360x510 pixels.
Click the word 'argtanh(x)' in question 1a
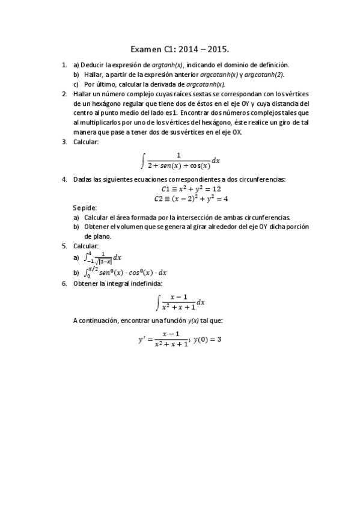pyautogui.click(x=168, y=64)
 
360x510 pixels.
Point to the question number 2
pyautogui.click(x=64, y=94)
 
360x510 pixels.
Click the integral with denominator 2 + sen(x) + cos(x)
pyautogui.click(x=180, y=161)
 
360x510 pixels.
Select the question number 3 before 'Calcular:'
pyautogui.click(x=64, y=142)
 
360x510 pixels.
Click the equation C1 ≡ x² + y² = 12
pyautogui.click(x=180, y=189)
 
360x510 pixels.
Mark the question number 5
pyautogui.click(x=64, y=246)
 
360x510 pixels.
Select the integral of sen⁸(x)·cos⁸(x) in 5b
pyautogui.click(x=117, y=272)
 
